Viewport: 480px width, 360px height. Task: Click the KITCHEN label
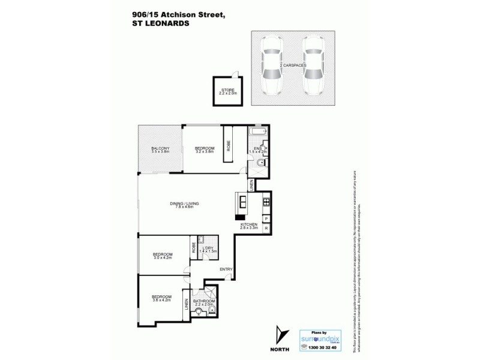pyautogui.click(x=248, y=224)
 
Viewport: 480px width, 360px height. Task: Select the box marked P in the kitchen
pyautogui.click(x=265, y=219)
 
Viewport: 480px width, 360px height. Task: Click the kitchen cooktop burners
pyautogui.click(x=265, y=202)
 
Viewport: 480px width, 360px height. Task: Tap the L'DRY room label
pyautogui.click(x=208, y=248)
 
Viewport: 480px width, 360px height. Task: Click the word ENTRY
pyautogui.click(x=226, y=269)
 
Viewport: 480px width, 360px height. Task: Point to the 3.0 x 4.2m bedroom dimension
pyautogui.click(x=162, y=257)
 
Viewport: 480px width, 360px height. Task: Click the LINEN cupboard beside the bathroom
pyautogui.click(x=187, y=306)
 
